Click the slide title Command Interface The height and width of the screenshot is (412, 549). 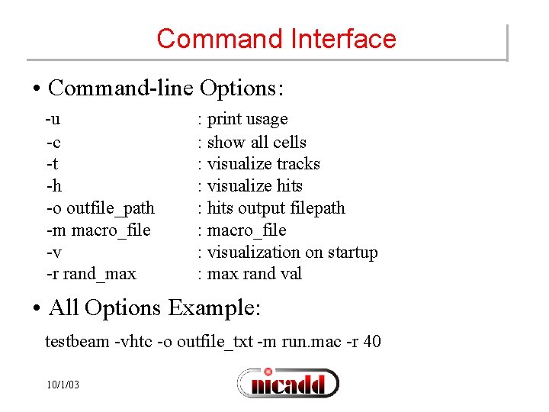276,39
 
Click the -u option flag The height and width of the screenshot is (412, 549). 53,120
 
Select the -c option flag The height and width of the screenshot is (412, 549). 53,142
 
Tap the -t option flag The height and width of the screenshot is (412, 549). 52,164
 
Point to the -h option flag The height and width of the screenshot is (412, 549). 53,186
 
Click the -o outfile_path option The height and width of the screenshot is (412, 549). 100,208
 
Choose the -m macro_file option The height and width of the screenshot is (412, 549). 98,230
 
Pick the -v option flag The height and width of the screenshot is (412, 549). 53,253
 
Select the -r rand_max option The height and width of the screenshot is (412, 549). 91,274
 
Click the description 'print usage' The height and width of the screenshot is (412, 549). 247,120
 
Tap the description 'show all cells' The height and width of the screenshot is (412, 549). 256,143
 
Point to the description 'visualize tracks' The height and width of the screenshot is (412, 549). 263,164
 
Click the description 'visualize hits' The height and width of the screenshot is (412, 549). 255,186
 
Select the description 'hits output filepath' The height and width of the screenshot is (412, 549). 276,208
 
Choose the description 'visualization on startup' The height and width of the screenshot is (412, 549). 292,253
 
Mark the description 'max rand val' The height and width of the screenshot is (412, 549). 255,274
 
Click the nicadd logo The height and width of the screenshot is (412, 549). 288,382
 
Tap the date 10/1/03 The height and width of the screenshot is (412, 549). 63,385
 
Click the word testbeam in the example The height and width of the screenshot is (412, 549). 77,342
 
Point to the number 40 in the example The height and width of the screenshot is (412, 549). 372,341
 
